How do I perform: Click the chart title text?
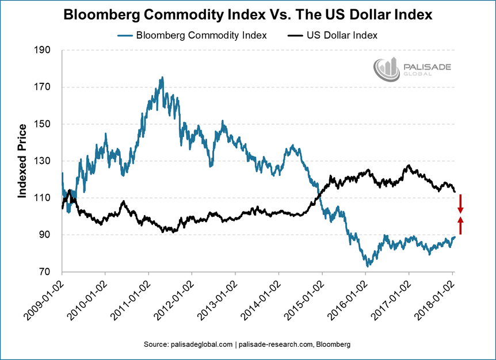tap(248, 15)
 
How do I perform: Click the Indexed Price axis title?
tap(22, 161)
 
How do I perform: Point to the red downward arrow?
tap(460, 203)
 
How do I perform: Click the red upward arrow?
tap(460, 225)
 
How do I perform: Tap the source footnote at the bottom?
tap(247, 344)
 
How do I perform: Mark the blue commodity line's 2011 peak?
tap(162, 77)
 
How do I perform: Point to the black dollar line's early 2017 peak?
tap(409, 166)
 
